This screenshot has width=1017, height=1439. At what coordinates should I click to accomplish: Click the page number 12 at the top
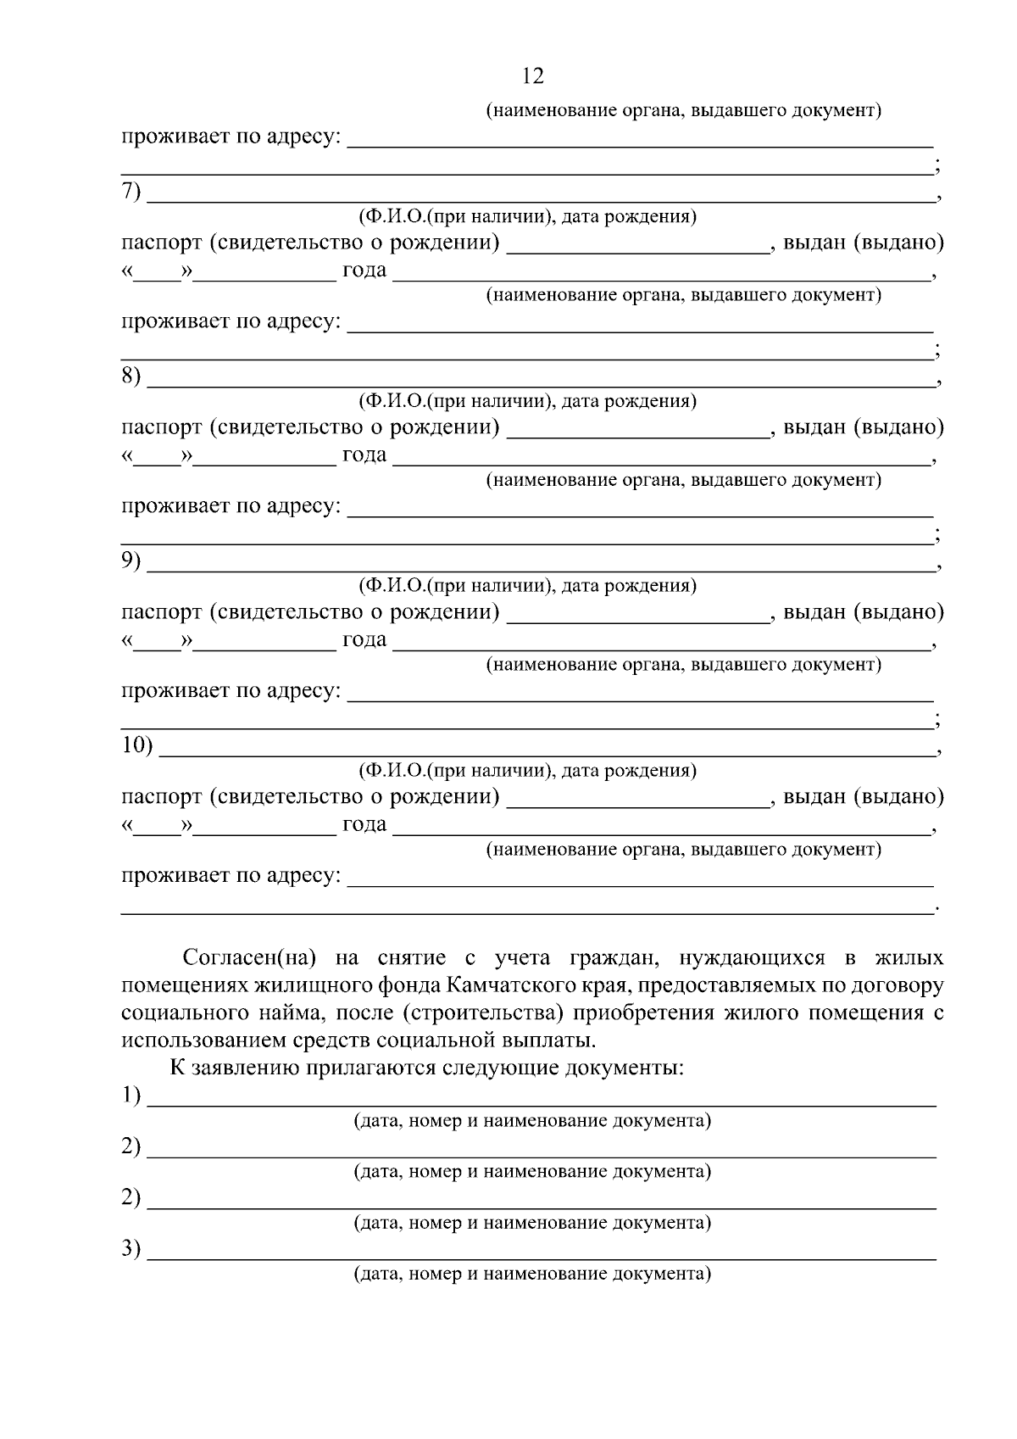tap(533, 76)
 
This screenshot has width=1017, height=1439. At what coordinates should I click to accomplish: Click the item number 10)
tap(136, 745)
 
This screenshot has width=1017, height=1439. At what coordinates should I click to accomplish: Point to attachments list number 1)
tap(130, 1096)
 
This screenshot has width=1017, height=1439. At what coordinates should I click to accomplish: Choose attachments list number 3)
tap(130, 1248)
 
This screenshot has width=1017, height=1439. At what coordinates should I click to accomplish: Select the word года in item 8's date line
tap(364, 455)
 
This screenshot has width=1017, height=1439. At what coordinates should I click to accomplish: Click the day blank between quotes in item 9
tap(158, 641)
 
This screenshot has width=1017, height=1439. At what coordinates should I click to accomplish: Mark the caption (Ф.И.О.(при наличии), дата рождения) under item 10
tap(527, 770)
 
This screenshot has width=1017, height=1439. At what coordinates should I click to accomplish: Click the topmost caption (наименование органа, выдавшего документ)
tap(683, 111)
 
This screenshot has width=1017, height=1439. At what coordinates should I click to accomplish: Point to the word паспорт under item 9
tap(162, 612)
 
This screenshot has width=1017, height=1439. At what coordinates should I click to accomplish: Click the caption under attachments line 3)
tap(532, 1274)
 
